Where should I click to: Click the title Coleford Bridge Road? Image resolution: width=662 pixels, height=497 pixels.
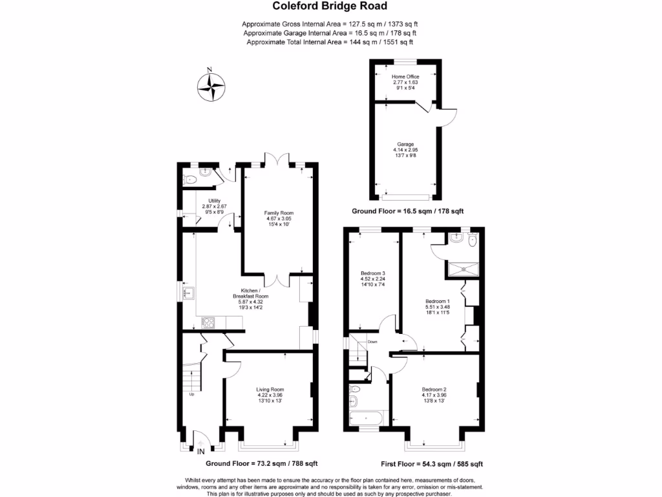coord(330,7)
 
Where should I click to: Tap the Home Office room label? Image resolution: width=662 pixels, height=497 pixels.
coord(405,76)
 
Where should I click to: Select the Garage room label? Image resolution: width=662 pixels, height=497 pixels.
coord(405,144)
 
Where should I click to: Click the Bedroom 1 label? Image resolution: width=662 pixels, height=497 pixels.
coord(438,301)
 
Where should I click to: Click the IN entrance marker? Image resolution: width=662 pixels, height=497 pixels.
coord(200,450)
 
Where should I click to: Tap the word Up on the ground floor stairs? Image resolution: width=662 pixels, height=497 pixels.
coord(191,394)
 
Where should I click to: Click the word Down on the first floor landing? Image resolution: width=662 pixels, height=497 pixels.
coord(372,341)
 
